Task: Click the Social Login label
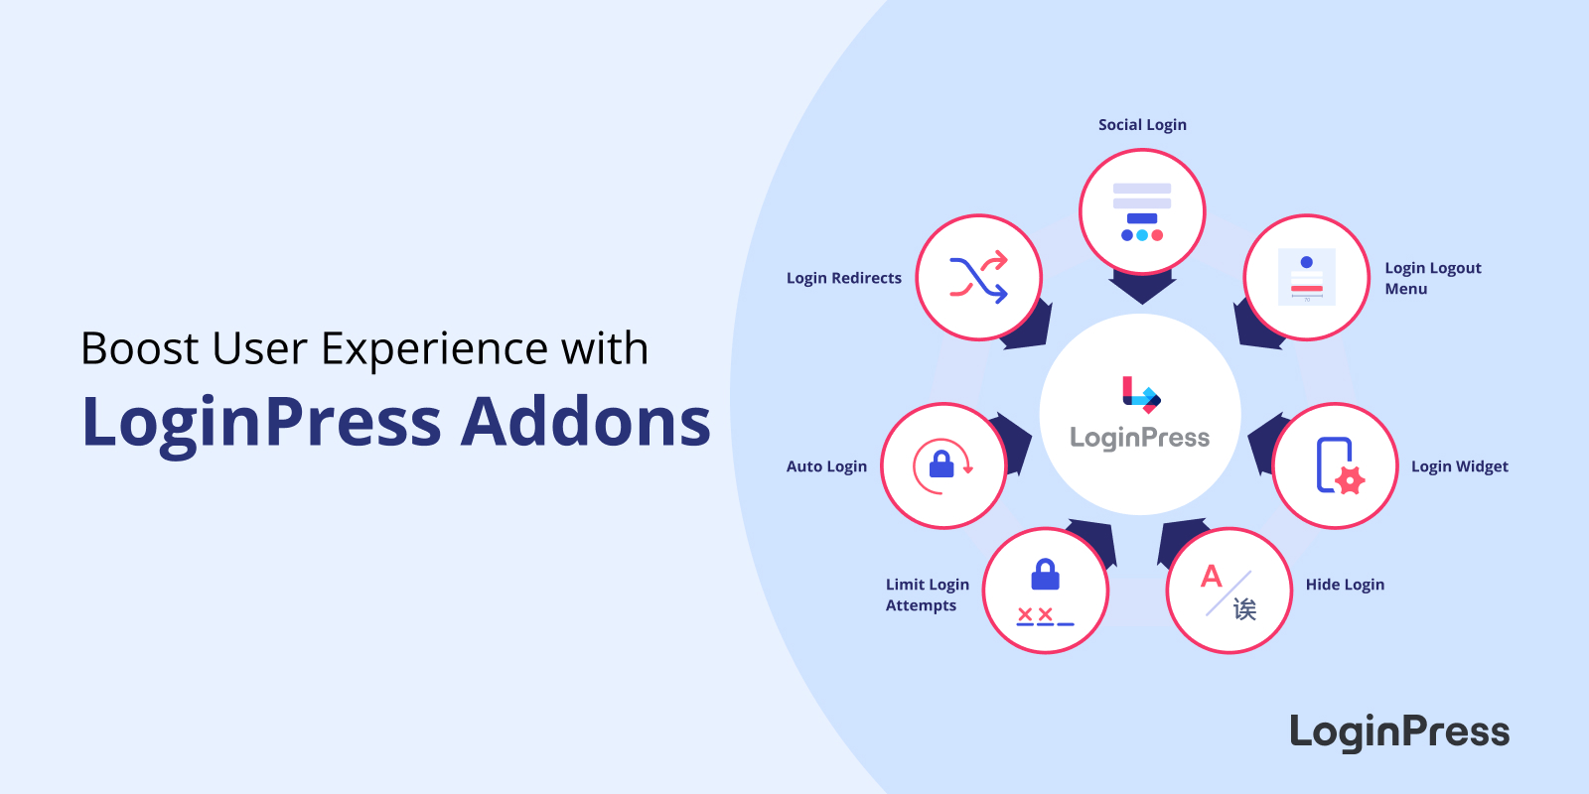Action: pyautogui.click(x=1142, y=125)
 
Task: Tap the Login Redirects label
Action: pyautogui.click(x=843, y=278)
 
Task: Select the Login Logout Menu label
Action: pyautogui.click(x=1433, y=278)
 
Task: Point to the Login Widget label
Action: pyautogui.click(x=1459, y=466)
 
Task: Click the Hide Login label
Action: pyautogui.click(x=1345, y=585)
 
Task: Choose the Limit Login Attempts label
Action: pyautogui.click(x=928, y=595)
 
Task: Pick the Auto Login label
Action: pyautogui.click(x=826, y=466)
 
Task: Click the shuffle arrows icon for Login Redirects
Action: pyautogui.click(x=979, y=277)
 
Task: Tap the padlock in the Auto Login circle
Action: pyautogui.click(x=941, y=464)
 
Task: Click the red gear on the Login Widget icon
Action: pyautogui.click(x=1350, y=480)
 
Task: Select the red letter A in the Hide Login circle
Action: pyautogui.click(x=1212, y=576)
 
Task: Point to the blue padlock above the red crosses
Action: pyautogui.click(x=1045, y=575)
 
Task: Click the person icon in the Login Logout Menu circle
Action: pyautogui.click(x=1307, y=262)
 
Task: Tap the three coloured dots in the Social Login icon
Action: pyautogui.click(x=1142, y=235)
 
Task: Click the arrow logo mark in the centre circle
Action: pyautogui.click(x=1141, y=395)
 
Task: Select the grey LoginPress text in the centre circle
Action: pyautogui.click(x=1140, y=438)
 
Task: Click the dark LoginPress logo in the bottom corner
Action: pyautogui.click(x=1399, y=732)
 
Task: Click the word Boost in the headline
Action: pyautogui.click(x=140, y=348)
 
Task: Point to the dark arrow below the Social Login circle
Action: pyautogui.click(x=1142, y=287)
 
